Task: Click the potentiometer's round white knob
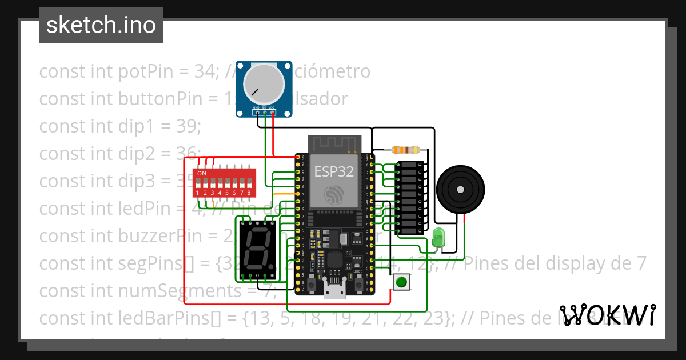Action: pos(264,83)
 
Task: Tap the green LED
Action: pos(439,237)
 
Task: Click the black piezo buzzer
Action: pos(460,189)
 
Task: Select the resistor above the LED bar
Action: pos(405,150)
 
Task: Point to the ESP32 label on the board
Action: pos(334,171)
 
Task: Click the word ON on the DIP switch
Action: pos(202,173)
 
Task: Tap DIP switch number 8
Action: pos(249,184)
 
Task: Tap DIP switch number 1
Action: pos(197,184)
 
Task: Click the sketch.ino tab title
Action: pos(101,25)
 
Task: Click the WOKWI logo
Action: pos(607,315)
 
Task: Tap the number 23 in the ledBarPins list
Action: pos(438,318)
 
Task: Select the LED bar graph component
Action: pos(410,198)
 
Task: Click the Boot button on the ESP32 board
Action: pos(359,283)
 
